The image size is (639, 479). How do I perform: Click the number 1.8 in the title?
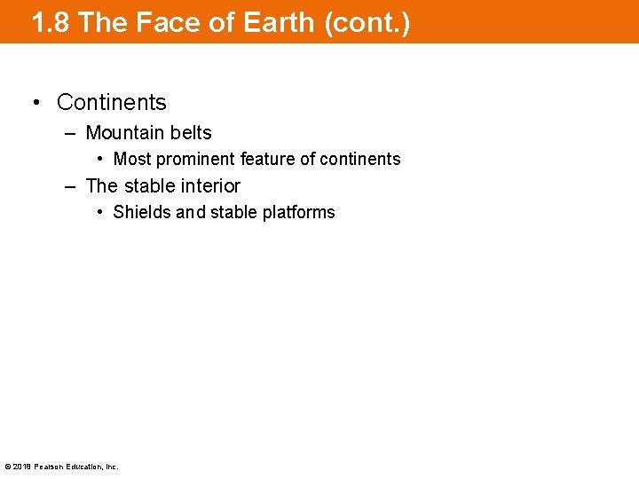[x=50, y=22]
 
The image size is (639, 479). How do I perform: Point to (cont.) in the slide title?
[x=367, y=22]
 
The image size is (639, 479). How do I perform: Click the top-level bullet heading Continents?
[x=111, y=103]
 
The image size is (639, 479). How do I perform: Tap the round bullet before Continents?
[x=35, y=103]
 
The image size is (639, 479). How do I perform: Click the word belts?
[x=191, y=133]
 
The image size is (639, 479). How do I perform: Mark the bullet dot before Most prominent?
[x=101, y=160]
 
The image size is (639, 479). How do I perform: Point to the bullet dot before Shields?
[x=101, y=213]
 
